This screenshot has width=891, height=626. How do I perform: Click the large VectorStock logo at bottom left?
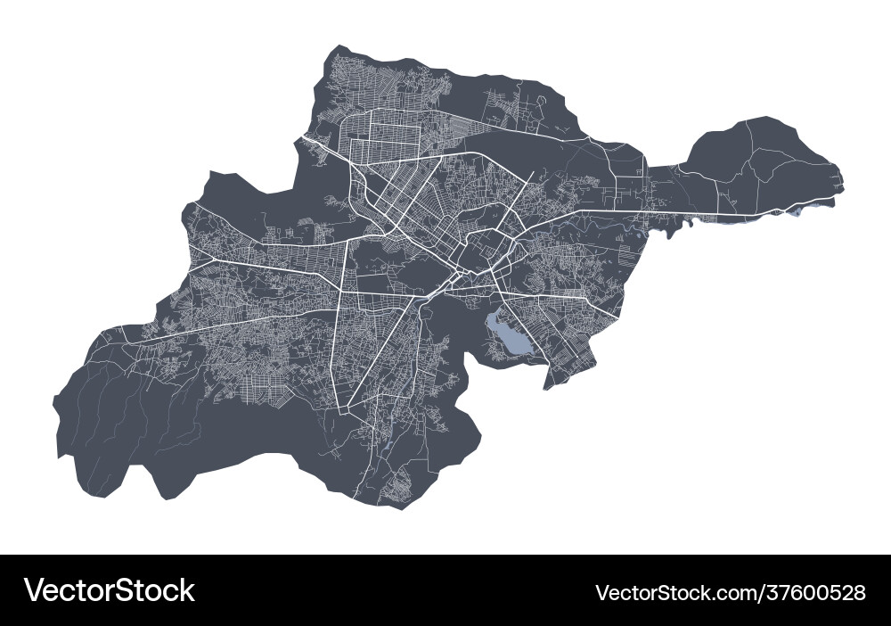[109, 590]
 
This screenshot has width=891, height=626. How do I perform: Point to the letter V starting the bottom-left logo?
[35, 590]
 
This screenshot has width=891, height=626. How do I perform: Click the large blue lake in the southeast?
[506, 334]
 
